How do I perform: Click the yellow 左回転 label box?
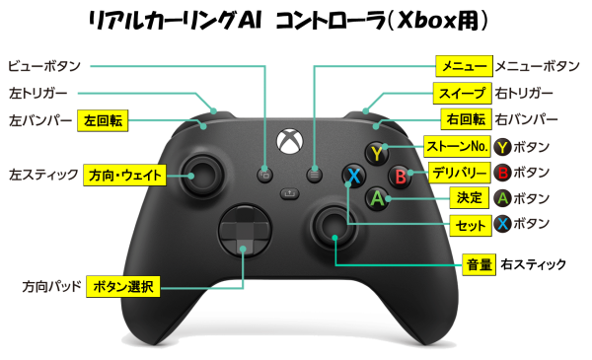(103, 120)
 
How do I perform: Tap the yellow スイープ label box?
(462, 94)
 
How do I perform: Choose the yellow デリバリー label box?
(455, 174)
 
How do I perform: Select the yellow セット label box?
(468, 226)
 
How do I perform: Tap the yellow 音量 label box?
(478, 264)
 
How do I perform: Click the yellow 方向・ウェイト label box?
(124, 175)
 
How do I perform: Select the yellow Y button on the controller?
(376, 154)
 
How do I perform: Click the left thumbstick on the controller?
(205, 174)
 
